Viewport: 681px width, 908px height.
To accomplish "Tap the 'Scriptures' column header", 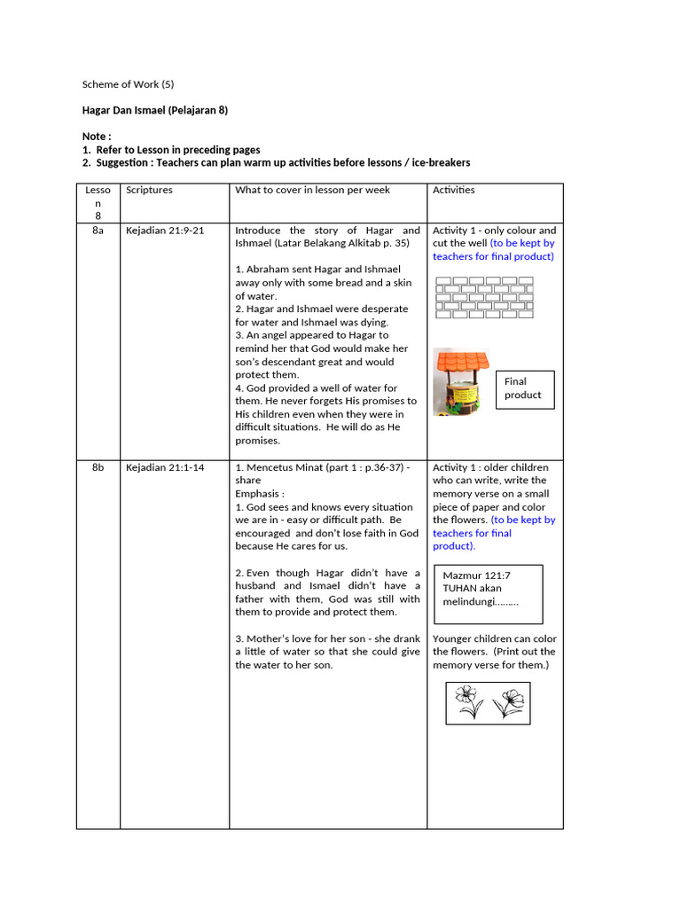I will (x=149, y=190).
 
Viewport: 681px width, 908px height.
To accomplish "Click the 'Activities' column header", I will (x=453, y=190).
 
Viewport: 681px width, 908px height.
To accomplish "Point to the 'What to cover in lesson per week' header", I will (x=312, y=190).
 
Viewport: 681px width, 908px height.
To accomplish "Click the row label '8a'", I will (x=98, y=230).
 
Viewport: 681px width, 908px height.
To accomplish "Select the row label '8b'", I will (x=98, y=467).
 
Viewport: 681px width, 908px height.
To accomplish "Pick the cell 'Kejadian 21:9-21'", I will (x=165, y=230).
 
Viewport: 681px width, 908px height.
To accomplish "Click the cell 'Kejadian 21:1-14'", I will (x=165, y=467).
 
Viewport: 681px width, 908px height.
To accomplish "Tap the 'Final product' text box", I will (x=524, y=388).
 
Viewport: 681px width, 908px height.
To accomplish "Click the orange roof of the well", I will (x=461, y=361).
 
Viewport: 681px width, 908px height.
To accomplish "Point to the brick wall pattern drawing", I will (x=484, y=297).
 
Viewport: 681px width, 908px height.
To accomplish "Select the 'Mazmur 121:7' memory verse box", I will (x=487, y=589).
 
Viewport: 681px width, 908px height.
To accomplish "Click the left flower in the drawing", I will (x=469, y=702).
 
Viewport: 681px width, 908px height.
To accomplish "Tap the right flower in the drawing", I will (x=509, y=702).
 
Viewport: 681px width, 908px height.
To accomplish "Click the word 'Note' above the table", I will (x=95, y=137).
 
